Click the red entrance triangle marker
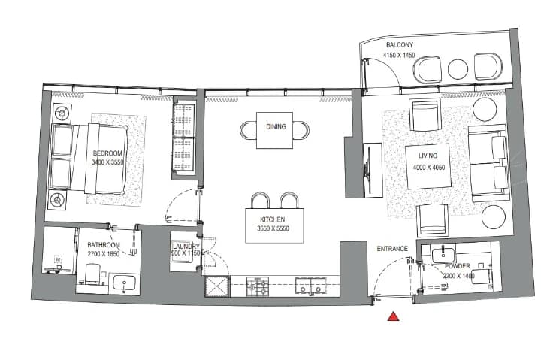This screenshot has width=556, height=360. tap(393, 316)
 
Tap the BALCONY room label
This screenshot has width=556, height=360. tap(400, 45)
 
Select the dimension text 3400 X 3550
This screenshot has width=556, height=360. tap(107, 162)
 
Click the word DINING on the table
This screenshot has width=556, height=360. tap(276, 126)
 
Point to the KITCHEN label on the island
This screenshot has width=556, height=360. tap(272, 219)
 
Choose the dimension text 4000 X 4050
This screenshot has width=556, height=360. tap(429, 168)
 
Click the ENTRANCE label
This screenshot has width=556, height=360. tap(392, 249)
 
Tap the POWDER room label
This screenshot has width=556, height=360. tap(458, 266)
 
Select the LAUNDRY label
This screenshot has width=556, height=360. tap(186, 247)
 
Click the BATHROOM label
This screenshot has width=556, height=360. tap(104, 245)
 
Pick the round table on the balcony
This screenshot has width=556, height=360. tap(458, 69)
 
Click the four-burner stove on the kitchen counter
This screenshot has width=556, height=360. tap(258, 286)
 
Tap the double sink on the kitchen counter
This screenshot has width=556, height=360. tap(310, 286)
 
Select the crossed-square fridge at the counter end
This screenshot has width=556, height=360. tap(217, 286)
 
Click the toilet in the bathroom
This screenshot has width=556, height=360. tap(94, 274)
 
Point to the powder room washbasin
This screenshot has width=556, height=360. tap(443, 255)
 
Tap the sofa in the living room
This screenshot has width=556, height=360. tap(488, 163)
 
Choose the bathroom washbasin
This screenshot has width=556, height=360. tap(124, 283)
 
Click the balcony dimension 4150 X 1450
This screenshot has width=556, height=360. tap(399, 56)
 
